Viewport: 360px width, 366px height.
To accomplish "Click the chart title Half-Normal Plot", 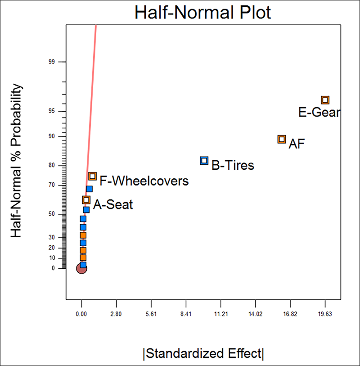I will tap(202, 12).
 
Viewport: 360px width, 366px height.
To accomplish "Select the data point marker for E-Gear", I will tap(325, 100).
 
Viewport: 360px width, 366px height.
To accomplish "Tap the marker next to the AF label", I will tap(282, 139).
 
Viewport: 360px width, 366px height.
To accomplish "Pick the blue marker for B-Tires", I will tap(204, 160).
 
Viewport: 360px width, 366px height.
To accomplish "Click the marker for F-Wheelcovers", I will tap(92, 176).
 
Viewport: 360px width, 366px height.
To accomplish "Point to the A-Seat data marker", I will tap(86, 200).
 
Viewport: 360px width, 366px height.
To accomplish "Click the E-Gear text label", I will tap(319, 113).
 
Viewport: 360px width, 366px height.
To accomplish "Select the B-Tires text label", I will tap(233, 166).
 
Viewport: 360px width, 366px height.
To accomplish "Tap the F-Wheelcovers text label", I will tap(144, 181).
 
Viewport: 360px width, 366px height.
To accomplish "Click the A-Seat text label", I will tap(113, 205).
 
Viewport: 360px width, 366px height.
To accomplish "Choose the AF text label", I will tap(297, 144).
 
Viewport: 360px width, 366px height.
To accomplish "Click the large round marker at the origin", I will tap(81, 268).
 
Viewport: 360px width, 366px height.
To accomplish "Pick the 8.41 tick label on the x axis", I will tap(186, 314).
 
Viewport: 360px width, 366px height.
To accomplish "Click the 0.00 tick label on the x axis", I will tap(81, 314).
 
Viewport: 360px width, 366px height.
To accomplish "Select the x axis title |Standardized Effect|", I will tap(203, 352).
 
